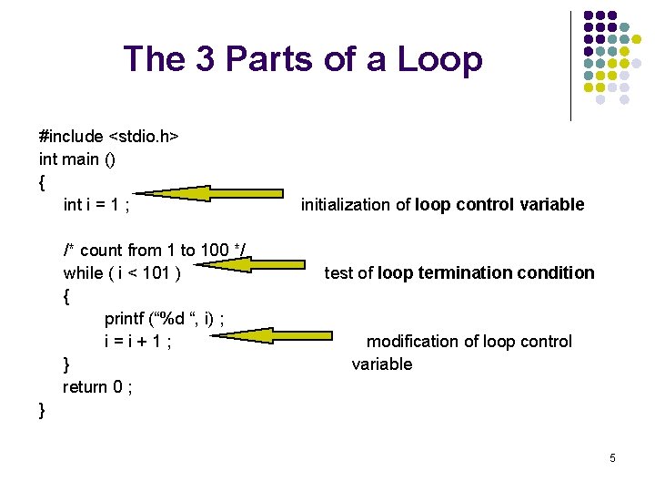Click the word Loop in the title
click(441, 59)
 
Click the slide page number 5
click(612, 458)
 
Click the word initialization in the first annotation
click(345, 205)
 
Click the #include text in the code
click(71, 137)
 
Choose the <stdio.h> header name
click(144, 137)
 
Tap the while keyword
click(83, 273)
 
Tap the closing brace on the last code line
click(42, 410)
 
